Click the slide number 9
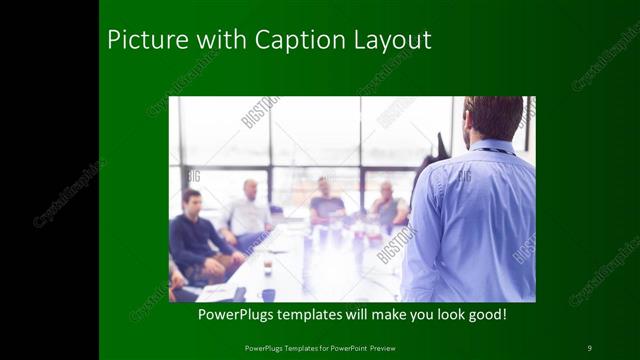pos(589,347)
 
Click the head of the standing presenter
pos(493,116)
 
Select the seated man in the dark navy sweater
pos(196,240)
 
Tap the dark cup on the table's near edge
pos(268,294)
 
